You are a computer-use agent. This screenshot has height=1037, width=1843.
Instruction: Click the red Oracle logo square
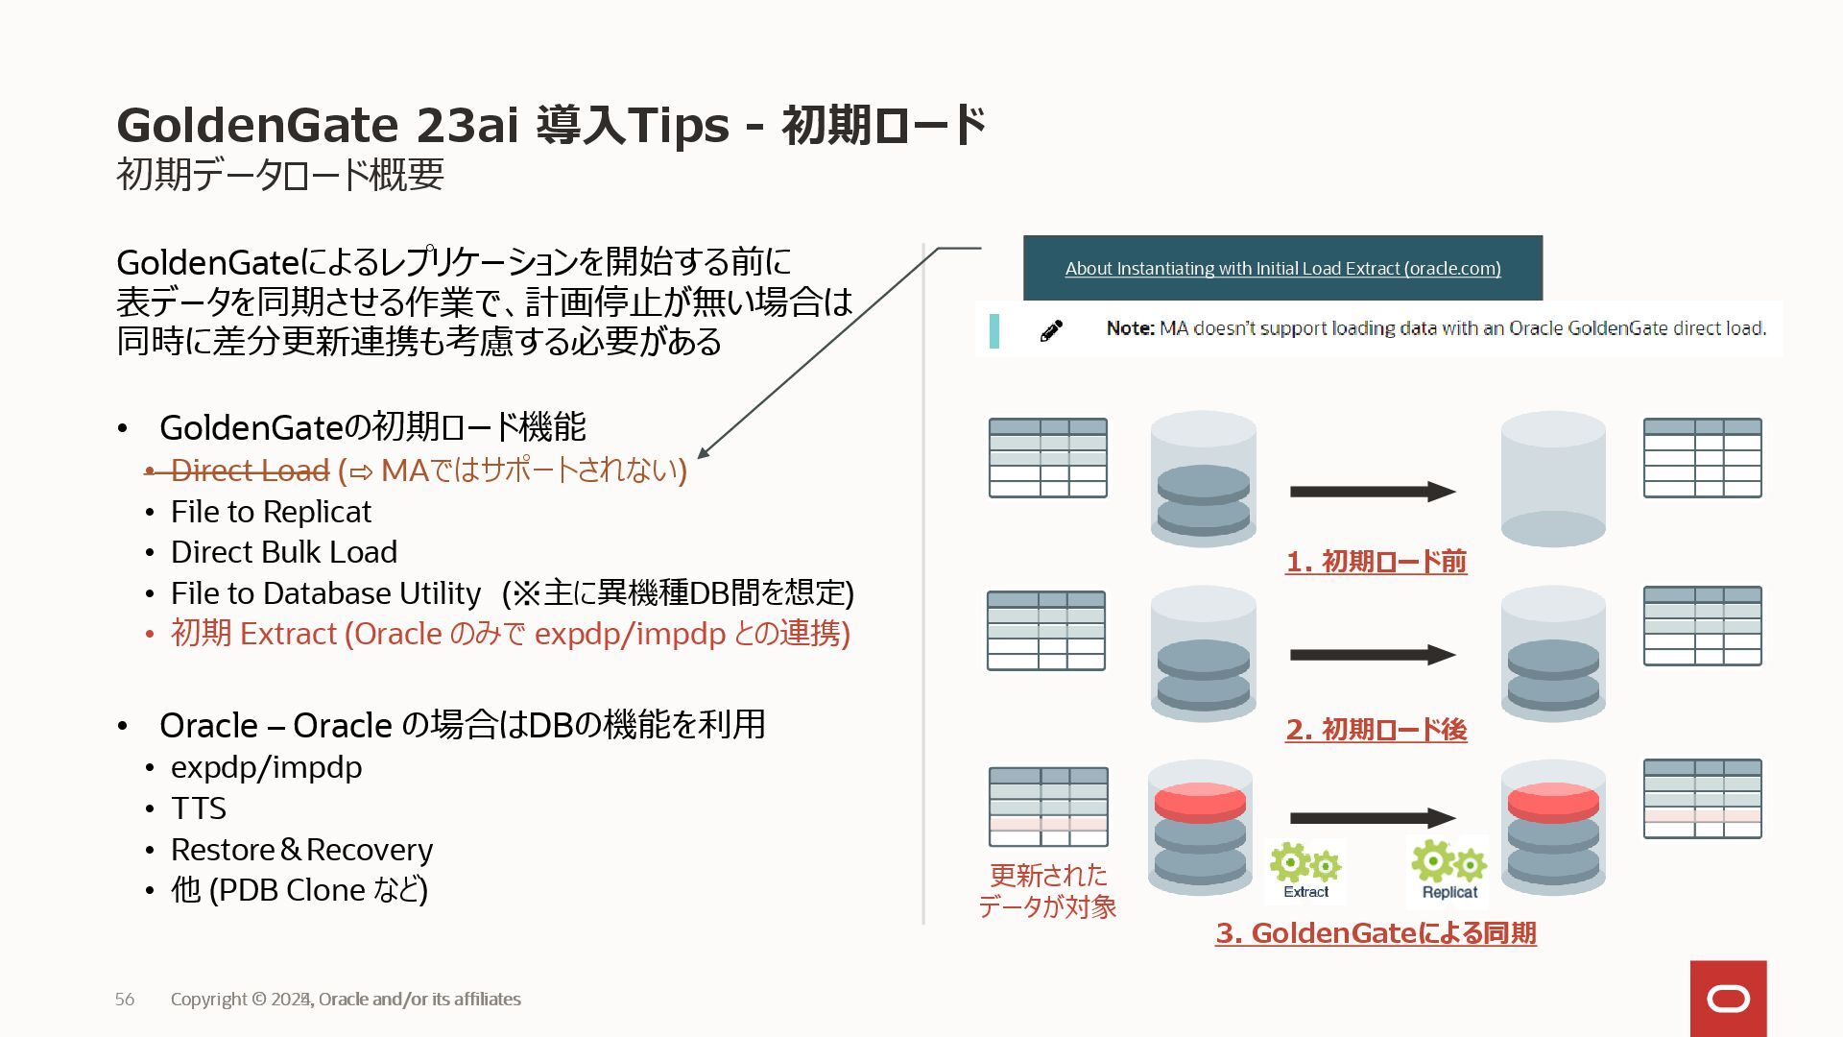pyautogui.click(x=1728, y=999)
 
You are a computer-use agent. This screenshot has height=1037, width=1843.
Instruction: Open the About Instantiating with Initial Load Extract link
pyautogui.click(x=1282, y=269)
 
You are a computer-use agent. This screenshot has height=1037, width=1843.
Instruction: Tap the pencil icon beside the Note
pyautogui.click(x=1051, y=331)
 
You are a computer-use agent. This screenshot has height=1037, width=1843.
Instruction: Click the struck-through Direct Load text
pyautogui.click(x=250, y=470)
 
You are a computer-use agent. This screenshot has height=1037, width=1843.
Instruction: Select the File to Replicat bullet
pyautogui.click(x=271, y=512)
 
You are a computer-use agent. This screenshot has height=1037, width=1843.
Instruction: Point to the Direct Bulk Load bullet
pyautogui.click(x=283, y=552)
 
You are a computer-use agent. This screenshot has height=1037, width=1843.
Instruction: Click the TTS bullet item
pyautogui.click(x=199, y=808)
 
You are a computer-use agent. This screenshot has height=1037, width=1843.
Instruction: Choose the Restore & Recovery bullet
pyautogui.click(x=301, y=850)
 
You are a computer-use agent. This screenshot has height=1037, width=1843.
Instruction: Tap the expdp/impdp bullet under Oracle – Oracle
pyautogui.click(x=266, y=767)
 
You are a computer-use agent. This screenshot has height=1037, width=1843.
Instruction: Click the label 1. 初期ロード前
pyautogui.click(x=1376, y=562)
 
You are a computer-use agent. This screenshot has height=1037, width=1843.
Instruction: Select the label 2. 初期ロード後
pyautogui.click(x=1376, y=730)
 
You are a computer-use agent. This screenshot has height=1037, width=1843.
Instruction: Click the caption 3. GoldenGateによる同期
pyautogui.click(x=1376, y=933)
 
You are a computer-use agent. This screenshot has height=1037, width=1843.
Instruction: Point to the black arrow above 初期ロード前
pyautogui.click(x=1373, y=492)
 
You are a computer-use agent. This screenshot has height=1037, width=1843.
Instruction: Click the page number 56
pyautogui.click(x=125, y=1000)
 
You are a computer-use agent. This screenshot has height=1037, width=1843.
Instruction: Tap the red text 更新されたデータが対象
pyautogui.click(x=1047, y=891)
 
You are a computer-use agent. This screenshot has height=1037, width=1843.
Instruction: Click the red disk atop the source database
pyautogui.click(x=1200, y=802)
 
